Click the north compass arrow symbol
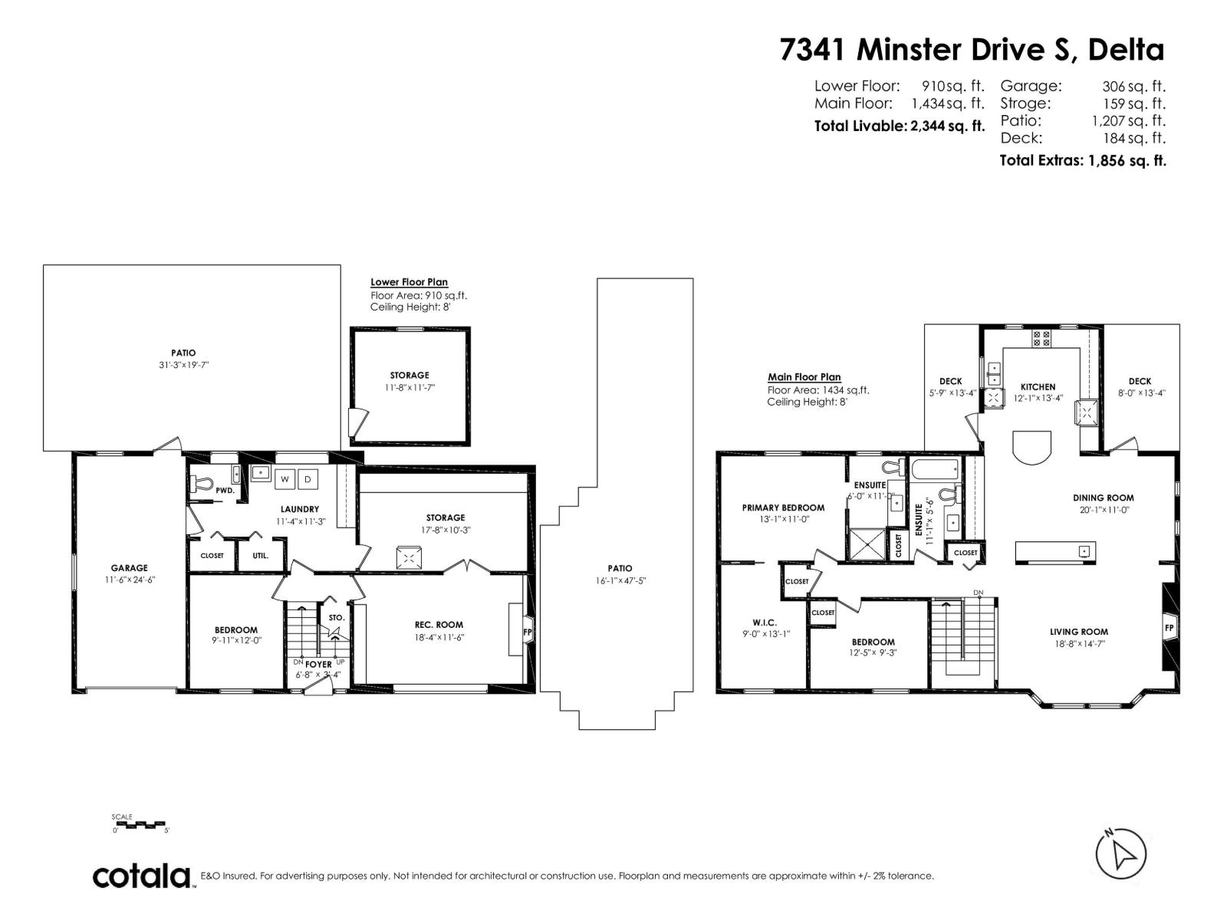tap(1120, 853)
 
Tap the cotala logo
tap(142, 876)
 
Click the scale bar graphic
tap(140, 825)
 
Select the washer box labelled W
tap(285, 479)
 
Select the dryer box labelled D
tap(308, 479)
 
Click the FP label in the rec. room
tap(527, 632)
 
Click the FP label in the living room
tap(1169, 627)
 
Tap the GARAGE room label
tap(129, 568)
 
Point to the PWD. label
tap(225, 490)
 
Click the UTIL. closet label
tap(261, 555)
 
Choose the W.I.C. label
tap(765, 623)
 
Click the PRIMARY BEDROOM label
tap(783, 508)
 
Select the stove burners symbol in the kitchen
tap(1041, 338)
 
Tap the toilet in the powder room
tap(202, 484)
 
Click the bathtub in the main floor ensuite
tap(933, 468)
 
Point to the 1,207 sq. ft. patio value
tap(1128, 120)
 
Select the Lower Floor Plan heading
tap(409, 282)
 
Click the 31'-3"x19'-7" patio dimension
tap(183, 365)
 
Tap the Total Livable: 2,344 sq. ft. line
tap(899, 127)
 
